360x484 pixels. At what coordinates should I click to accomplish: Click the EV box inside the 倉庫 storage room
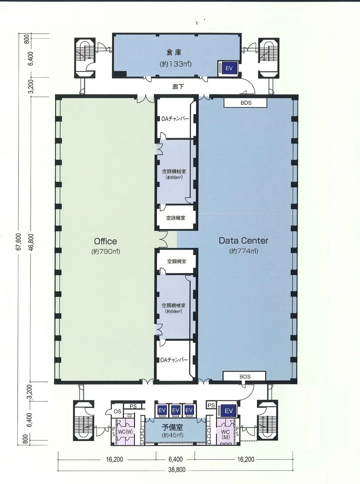229,68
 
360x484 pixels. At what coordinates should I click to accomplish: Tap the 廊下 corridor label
178,87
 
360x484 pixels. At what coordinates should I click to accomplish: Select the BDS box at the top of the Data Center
246,103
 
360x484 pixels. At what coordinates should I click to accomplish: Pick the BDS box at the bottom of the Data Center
245,376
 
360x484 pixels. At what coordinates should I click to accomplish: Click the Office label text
105,241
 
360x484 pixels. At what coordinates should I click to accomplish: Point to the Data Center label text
243,240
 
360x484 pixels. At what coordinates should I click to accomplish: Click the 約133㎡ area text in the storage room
176,64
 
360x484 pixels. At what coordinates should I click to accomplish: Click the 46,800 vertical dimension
31,242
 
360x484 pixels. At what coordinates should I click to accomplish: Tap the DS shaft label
117,411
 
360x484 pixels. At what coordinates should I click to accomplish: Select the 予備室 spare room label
172,427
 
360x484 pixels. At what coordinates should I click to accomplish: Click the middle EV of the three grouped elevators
176,410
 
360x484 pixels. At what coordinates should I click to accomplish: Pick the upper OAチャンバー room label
175,119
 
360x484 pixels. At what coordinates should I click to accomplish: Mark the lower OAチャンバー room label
174,360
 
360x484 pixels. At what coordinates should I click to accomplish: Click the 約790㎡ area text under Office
106,251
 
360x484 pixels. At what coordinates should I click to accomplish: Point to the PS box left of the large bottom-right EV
211,405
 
